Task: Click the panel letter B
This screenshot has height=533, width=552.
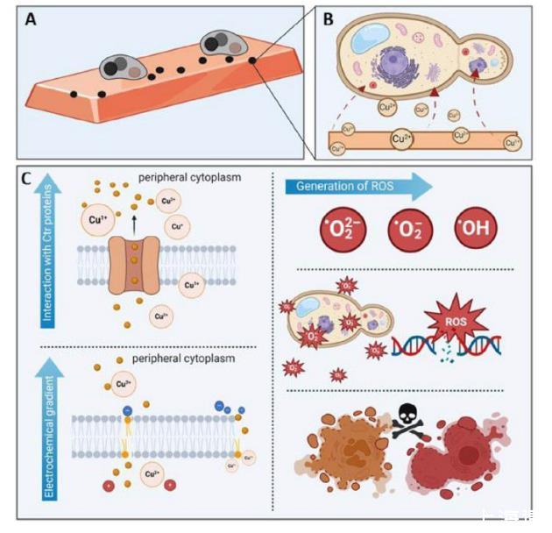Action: (x=328, y=18)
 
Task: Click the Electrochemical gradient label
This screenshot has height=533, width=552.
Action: (x=49, y=430)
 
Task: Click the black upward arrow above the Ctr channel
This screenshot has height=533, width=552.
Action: (x=133, y=224)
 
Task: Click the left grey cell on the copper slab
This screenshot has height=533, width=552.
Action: (x=121, y=66)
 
